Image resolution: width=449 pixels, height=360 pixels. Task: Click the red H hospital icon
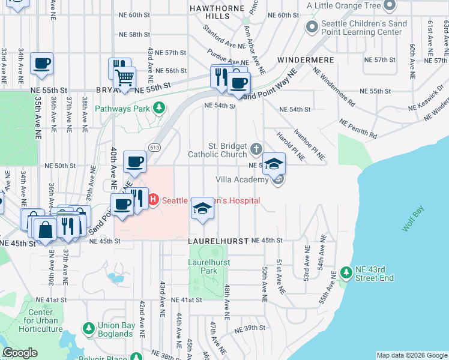tap(152, 200)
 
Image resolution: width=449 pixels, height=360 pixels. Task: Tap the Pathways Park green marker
tap(159, 108)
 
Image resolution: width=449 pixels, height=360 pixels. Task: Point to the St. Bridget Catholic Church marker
tap(256, 148)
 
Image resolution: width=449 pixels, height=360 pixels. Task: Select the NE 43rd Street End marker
tap(345, 272)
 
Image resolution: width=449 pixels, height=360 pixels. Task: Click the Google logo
tap(20, 353)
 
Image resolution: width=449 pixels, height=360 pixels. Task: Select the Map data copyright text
tap(412, 355)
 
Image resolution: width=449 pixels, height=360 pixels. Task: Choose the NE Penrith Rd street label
tap(358, 128)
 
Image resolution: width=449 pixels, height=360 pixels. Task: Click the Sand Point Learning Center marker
tap(312, 27)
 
